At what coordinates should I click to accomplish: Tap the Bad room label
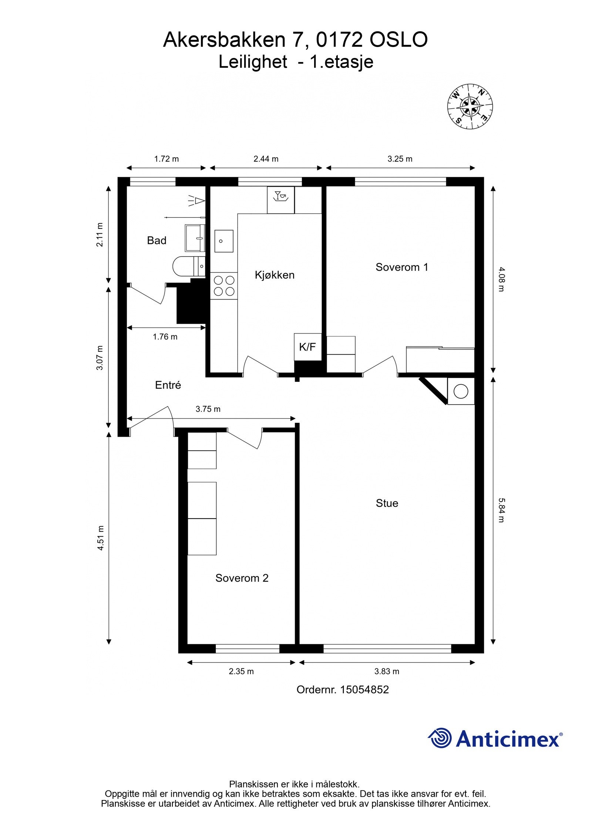157,240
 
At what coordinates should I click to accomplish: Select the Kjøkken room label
275,275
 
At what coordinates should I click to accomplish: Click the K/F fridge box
307,347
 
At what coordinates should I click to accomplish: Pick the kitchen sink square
224,241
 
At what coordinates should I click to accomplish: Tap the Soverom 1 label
402,267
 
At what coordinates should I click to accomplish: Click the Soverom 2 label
242,578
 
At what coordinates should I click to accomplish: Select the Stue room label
387,503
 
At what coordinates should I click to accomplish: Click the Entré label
168,385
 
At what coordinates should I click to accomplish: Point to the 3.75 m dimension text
208,409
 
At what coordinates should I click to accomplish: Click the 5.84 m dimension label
501,510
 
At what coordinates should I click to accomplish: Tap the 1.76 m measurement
165,337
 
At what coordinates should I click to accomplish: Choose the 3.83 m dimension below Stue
387,671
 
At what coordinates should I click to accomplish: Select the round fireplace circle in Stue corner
461,391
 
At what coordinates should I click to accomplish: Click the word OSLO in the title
398,40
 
